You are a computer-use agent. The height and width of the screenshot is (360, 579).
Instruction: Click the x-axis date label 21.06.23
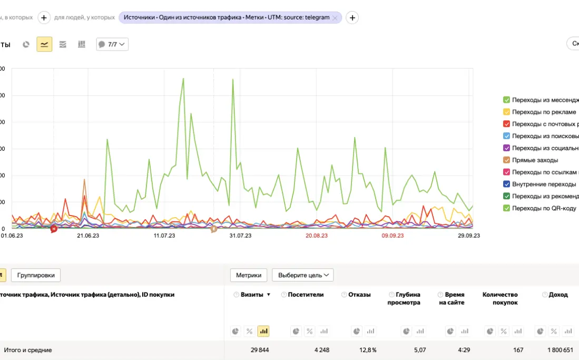(88, 236)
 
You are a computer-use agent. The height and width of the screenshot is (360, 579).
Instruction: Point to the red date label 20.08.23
(316, 236)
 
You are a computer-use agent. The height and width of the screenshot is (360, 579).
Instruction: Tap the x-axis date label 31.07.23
(240, 236)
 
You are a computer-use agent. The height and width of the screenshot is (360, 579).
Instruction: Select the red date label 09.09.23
(392, 236)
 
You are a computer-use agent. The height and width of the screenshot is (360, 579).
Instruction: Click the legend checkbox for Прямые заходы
(506, 160)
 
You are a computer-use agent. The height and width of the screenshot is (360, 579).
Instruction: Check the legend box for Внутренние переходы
(506, 184)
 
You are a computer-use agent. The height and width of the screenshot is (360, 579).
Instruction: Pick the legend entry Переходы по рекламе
(544, 112)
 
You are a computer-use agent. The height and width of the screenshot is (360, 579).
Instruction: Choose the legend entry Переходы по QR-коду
(544, 208)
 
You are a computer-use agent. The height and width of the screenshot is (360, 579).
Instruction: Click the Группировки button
(36, 275)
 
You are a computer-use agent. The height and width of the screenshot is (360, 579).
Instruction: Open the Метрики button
(248, 275)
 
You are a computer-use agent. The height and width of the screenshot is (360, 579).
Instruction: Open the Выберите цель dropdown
(302, 275)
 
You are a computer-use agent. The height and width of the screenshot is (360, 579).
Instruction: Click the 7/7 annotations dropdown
(112, 44)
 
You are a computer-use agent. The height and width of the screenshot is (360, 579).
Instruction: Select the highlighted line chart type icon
(44, 44)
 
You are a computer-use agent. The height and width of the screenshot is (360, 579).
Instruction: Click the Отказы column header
(359, 295)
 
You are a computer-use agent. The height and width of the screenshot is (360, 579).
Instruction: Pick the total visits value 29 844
(259, 350)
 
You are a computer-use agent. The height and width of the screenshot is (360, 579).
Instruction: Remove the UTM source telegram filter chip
(335, 18)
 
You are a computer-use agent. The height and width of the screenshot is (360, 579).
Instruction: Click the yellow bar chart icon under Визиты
(264, 331)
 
